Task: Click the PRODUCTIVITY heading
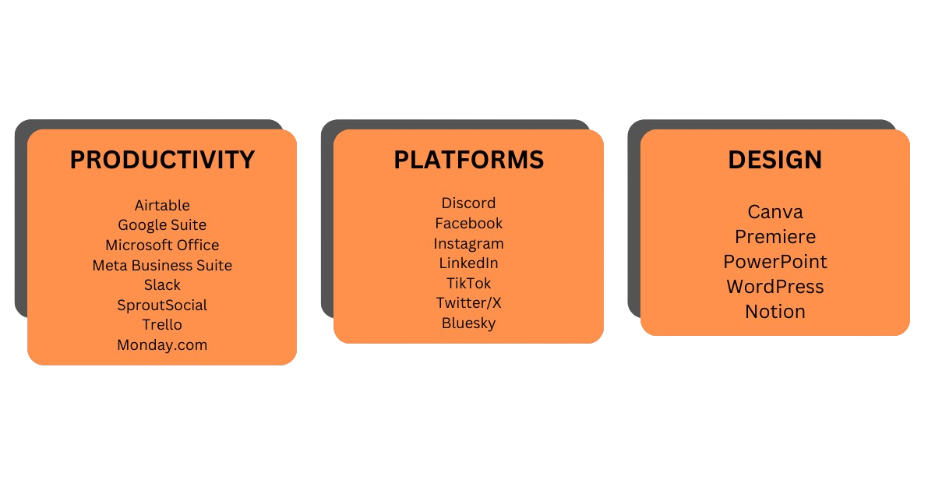[162, 160]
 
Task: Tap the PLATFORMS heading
[468, 160]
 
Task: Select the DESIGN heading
[774, 160]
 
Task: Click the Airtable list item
[162, 206]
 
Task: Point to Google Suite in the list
[162, 225]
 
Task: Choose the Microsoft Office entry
[162, 245]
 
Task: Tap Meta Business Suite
[162, 266]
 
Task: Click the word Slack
[162, 285]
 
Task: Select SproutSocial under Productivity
[162, 306]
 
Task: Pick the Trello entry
[162, 325]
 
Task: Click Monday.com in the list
[162, 344]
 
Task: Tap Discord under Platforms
[468, 203]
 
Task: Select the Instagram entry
[468, 244]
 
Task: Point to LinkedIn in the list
[468, 263]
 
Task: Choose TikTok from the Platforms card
[468, 284]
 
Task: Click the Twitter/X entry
[468, 303]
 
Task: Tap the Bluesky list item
[468, 323]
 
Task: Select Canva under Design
[774, 212]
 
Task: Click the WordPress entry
[774, 287]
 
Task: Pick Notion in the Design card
[774, 312]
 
